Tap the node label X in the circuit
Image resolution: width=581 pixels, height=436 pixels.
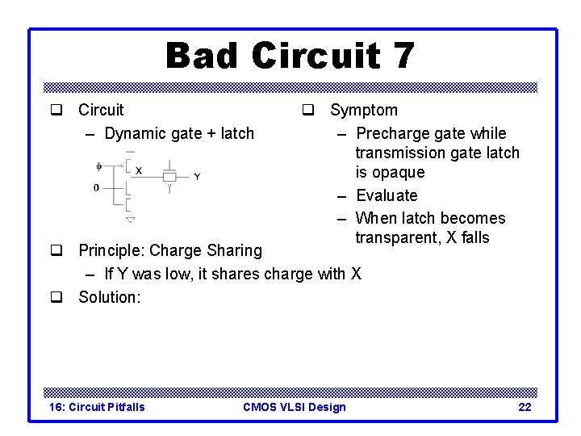coord(139,170)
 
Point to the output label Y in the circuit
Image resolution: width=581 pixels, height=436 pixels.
coord(198,176)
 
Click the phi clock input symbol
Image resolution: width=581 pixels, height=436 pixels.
coord(99,166)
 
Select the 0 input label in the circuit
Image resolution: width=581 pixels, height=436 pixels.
coord(97,188)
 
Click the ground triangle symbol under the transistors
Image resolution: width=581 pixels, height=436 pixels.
coord(130,219)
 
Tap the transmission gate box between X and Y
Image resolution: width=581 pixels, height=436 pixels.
coord(169,176)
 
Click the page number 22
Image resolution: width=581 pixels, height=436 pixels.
coord(525,407)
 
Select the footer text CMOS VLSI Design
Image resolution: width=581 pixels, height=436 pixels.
coord(294,407)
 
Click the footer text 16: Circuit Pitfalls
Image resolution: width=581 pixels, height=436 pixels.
coord(97,407)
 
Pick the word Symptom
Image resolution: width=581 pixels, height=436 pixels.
coord(364,110)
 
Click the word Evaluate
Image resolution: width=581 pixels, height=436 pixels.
coord(387,195)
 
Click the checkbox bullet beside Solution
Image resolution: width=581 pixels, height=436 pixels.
coord(56,297)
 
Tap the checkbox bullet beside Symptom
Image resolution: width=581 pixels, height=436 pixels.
coord(308,110)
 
